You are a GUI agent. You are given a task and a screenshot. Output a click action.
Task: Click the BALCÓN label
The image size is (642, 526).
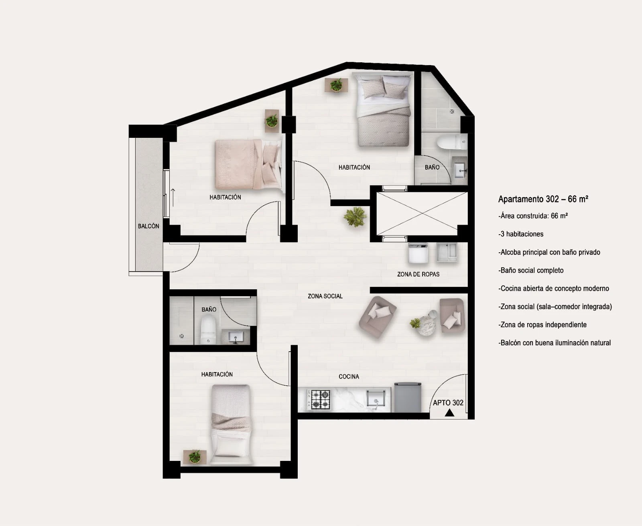click(x=148, y=226)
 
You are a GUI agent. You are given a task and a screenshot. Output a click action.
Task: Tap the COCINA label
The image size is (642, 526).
click(x=349, y=377)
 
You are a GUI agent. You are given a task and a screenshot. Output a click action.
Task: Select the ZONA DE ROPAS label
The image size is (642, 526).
click(x=418, y=274)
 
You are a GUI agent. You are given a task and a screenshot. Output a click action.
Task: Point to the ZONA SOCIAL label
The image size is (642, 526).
click(x=325, y=296)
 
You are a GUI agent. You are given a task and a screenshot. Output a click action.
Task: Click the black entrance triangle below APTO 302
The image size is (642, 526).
click(x=449, y=413)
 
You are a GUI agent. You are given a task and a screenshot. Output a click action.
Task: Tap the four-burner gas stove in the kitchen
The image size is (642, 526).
click(x=319, y=399)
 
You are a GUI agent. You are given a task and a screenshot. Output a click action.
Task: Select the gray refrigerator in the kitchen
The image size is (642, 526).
click(x=408, y=397)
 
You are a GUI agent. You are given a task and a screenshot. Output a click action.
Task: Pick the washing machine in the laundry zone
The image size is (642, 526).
click(x=418, y=253)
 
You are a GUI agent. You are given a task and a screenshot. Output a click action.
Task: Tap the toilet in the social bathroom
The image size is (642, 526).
click(x=208, y=330)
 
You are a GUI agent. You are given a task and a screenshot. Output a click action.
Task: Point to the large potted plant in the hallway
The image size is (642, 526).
click(x=355, y=217)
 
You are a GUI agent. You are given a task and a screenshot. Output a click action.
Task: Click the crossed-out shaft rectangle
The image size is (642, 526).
click(x=422, y=213)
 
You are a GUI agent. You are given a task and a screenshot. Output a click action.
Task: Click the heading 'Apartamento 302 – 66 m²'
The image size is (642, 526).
click(x=543, y=199)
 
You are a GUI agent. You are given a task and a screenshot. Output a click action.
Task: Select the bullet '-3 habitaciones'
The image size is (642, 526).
click(x=521, y=234)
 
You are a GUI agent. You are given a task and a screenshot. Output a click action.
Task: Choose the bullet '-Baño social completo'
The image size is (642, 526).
click(x=531, y=270)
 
